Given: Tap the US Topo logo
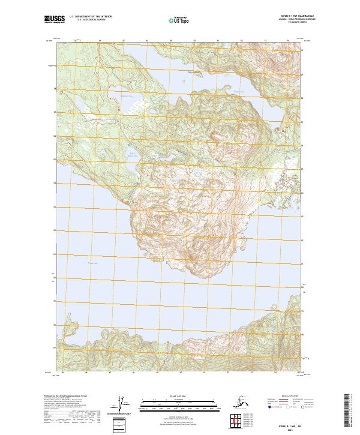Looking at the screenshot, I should (179, 20).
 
